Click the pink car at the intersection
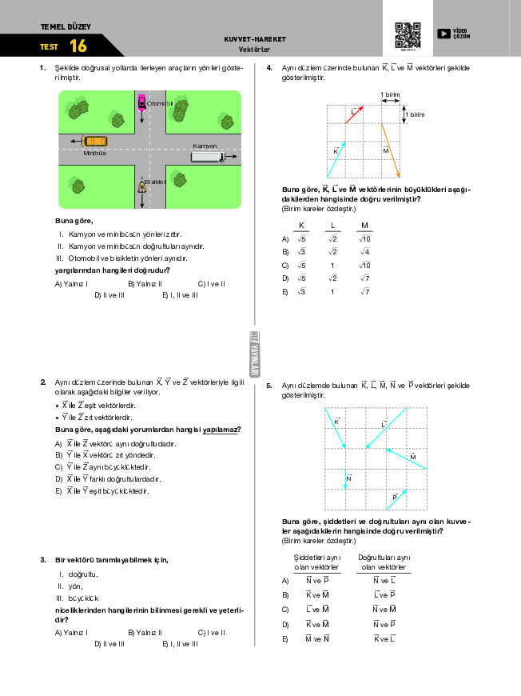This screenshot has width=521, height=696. point(142,102)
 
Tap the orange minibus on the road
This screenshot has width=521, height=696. point(95,142)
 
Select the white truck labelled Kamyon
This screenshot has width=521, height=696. point(207,157)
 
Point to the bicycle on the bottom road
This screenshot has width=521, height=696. point(141,186)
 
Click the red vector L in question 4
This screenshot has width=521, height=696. point(354,114)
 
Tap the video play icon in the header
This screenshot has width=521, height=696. point(443,34)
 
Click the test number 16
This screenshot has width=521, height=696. point(78,46)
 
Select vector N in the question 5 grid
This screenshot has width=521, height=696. point(345,479)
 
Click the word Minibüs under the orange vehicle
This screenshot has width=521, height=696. point(95,153)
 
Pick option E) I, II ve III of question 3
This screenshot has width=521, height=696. point(179,643)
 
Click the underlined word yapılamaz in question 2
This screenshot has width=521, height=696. point(221,430)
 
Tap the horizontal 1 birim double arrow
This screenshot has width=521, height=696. point(391,102)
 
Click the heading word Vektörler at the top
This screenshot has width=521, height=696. point(255,49)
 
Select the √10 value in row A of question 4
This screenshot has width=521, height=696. point(365,238)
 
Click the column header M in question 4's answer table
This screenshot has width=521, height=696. point(365,225)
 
